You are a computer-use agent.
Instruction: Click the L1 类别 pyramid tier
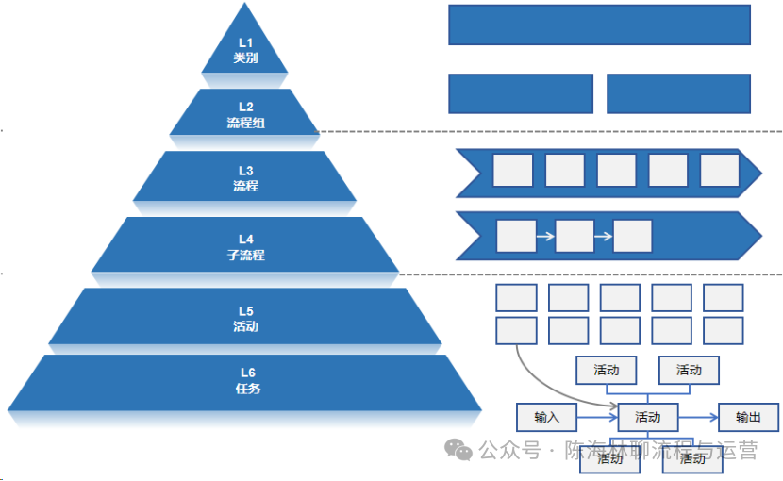coord(245,49)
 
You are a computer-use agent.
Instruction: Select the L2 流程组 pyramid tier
coord(245,114)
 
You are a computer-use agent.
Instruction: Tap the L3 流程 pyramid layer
coord(245,177)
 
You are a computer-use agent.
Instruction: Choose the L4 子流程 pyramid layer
coord(245,246)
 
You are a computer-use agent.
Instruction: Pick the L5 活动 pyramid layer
coord(245,318)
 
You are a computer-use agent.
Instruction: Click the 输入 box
coord(546,417)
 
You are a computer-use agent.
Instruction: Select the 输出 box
coord(748,417)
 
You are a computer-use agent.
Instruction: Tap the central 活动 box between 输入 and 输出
coord(647,417)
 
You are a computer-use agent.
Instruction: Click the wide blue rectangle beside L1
coord(599,25)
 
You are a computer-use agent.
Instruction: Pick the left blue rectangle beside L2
coord(520,93)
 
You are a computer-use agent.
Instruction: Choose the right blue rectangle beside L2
coord(678,93)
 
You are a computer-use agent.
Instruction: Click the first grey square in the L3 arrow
coord(512,171)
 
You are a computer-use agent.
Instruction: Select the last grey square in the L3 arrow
coord(719,171)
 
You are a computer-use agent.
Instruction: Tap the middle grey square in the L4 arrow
coord(575,236)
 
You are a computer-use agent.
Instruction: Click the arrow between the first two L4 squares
coord(545,236)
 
